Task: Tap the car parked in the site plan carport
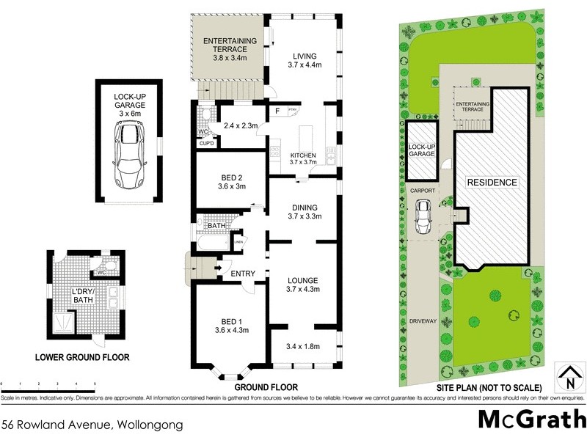(x=423, y=214)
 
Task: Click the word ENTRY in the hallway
(x=243, y=274)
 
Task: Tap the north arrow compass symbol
(x=569, y=378)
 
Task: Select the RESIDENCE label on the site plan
(x=492, y=182)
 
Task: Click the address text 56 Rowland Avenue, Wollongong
(x=92, y=424)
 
